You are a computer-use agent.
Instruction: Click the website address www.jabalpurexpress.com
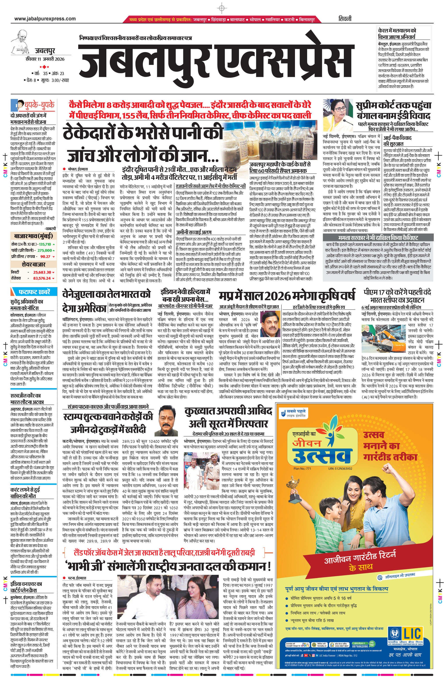click(45, 19)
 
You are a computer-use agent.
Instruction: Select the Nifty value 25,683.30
click(42, 272)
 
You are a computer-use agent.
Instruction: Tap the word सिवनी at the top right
click(345, 19)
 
